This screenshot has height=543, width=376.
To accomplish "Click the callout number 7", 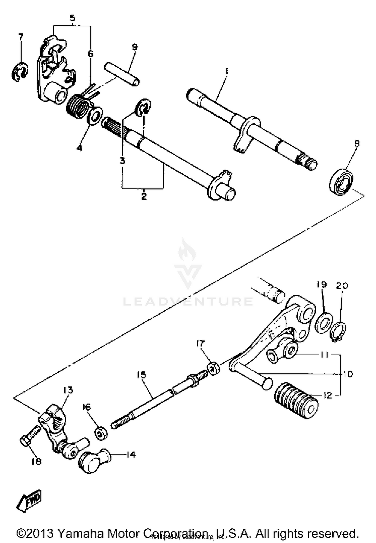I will point(21,37).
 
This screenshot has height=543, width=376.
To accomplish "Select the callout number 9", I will point(135,47).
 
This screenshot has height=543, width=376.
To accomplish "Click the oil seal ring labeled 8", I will point(341,182).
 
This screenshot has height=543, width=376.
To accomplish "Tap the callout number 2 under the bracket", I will point(143,196).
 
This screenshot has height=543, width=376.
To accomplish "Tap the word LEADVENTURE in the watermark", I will point(188,301).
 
